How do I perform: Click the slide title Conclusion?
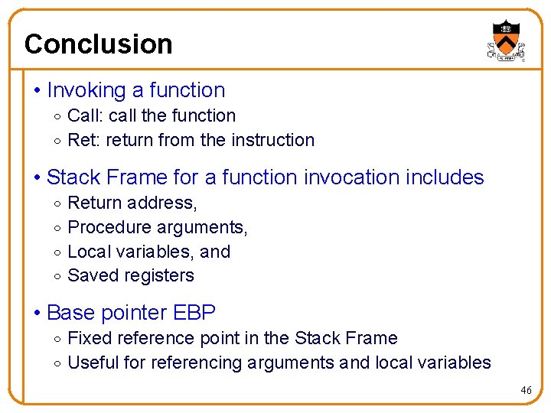pos(98,44)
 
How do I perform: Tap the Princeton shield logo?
pos(504,39)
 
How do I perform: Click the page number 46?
pos(526,390)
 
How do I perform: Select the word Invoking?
pos(86,90)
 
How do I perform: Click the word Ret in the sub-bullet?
pos(80,140)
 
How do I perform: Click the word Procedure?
pos(109,227)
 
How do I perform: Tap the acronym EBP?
pos(194,313)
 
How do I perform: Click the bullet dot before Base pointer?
pos(37,314)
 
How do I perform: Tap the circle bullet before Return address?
pos(58,203)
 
